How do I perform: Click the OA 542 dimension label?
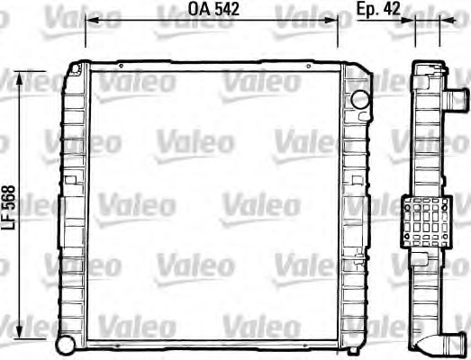click(x=213, y=9)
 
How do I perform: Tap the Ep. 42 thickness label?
click(x=378, y=8)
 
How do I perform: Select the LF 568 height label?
click(x=8, y=208)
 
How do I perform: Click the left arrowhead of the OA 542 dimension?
click(x=92, y=20)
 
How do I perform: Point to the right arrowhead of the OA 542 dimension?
click(x=331, y=20)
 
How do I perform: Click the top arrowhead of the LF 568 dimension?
click(x=20, y=78)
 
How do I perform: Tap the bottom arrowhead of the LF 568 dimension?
click(x=20, y=332)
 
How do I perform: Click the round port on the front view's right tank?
click(x=360, y=99)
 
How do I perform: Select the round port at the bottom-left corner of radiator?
click(x=66, y=345)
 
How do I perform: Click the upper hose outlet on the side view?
click(x=456, y=100)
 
